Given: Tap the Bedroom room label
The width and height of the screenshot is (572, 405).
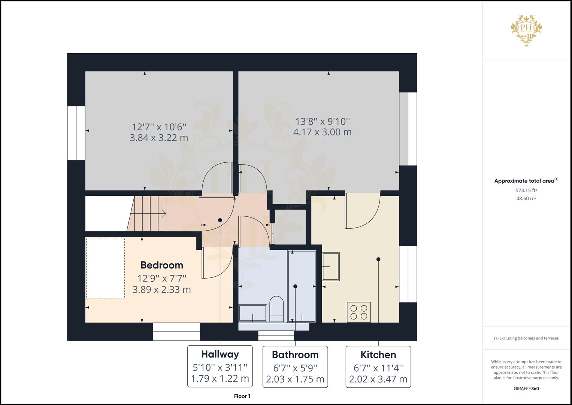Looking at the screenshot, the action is point(162,265).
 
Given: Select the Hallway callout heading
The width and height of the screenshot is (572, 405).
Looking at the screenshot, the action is point(220,354).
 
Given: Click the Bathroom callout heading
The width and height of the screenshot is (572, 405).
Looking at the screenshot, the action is point(295,355).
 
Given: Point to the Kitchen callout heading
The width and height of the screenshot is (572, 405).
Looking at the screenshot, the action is point(378,355).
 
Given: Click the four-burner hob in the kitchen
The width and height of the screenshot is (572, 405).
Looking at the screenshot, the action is point(358,312).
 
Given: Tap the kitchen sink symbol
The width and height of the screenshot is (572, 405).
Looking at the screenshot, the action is point(331,266).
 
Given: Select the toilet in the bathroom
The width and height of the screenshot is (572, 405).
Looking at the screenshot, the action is point(276,309).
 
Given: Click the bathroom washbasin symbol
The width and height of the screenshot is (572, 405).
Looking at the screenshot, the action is point(252,313).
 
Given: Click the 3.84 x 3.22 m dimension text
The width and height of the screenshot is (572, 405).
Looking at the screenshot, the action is point(159,138).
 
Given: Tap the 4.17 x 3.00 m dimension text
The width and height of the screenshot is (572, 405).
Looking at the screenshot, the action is point(322,132).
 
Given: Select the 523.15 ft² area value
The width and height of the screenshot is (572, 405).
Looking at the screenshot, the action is point(526,190).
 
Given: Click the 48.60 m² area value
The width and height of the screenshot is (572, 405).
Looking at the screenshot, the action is point(526,198).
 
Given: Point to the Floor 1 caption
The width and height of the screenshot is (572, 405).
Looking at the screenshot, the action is point(242,396).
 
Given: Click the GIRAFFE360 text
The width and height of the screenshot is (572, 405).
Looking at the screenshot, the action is point(526,388).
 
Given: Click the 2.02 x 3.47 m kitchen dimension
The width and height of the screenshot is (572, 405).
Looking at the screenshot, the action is point(378,379).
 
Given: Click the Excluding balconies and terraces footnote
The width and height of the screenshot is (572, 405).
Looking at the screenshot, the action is point(526,338).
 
